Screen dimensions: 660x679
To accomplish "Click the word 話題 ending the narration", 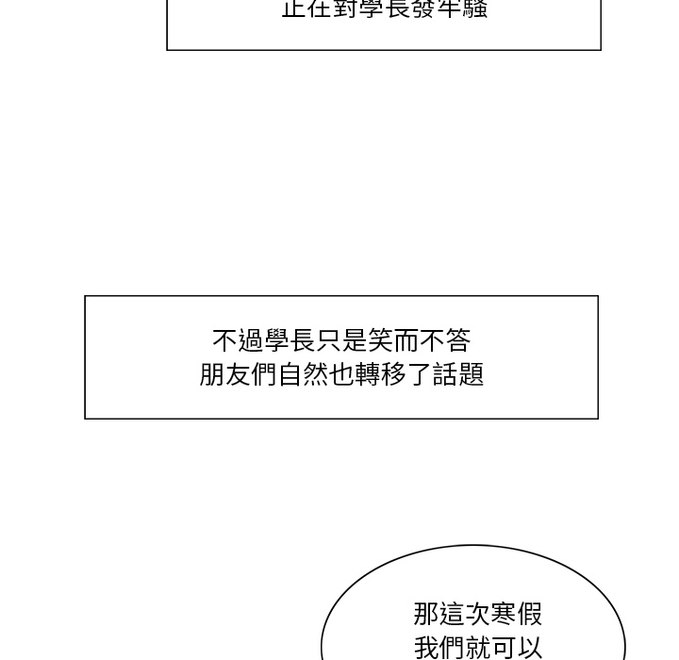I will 457,374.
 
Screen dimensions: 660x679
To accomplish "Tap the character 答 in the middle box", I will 457,340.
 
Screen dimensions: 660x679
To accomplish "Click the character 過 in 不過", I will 251,340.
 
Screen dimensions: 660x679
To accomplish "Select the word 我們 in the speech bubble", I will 440,649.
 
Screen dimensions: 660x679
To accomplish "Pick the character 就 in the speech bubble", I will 479,649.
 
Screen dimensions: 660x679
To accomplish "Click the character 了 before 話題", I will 419,374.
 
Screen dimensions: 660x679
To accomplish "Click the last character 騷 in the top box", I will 475,9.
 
